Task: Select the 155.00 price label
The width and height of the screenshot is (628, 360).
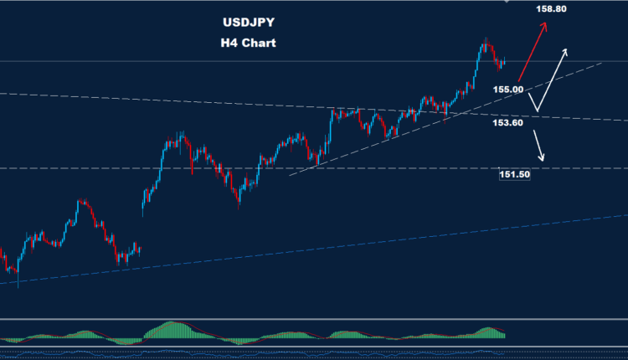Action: click(508, 89)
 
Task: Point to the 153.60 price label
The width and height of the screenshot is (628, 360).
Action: click(508, 122)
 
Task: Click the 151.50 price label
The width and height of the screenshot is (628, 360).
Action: click(515, 174)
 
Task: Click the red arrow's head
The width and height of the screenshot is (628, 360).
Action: click(546, 25)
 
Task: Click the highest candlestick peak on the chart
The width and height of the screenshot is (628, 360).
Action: click(485, 39)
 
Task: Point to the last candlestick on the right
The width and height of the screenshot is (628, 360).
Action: click(504, 60)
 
